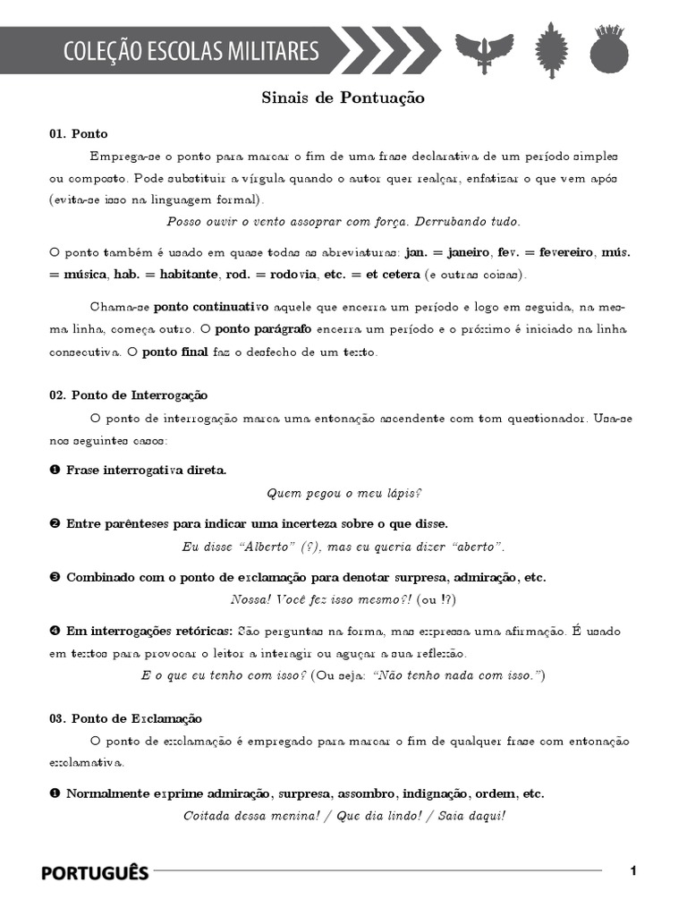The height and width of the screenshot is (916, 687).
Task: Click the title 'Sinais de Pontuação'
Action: [343, 98]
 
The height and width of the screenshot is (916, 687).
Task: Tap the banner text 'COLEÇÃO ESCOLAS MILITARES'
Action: [191, 51]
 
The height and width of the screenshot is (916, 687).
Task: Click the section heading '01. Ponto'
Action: [79, 134]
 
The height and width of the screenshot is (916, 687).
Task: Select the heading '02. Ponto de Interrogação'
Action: [128, 394]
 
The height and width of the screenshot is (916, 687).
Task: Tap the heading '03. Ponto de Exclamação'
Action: [125, 718]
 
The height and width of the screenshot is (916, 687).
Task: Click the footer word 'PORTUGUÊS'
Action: [95, 873]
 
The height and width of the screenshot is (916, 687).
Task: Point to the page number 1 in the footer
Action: [633, 871]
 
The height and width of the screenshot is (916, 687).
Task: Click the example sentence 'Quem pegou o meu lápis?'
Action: [343, 494]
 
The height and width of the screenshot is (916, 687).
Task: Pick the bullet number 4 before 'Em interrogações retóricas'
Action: [55, 632]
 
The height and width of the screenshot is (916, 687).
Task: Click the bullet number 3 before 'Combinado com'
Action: [55, 578]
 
